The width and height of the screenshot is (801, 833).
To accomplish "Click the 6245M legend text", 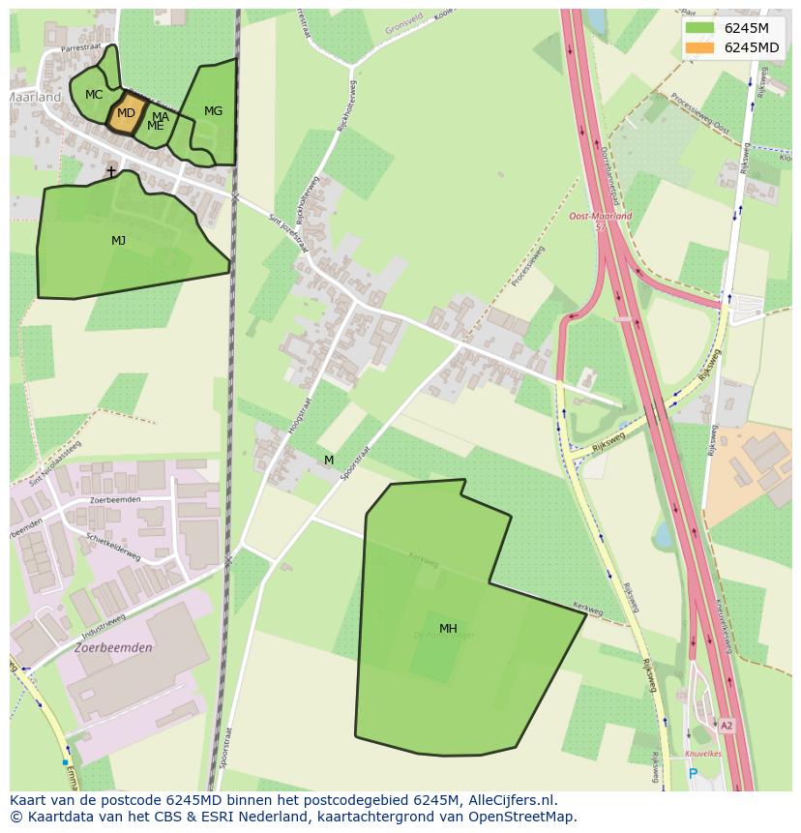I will pyautogui.click(x=747, y=28).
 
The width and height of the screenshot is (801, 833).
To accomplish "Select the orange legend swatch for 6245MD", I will pyautogui.click(x=699, y=47).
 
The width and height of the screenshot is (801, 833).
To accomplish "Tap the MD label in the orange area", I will pyautogui.click(x=126, y=113).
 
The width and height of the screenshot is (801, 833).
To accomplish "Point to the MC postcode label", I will pyautogui.click(x=94, y=95).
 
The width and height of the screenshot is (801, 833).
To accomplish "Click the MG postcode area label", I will pyautogui.click(x=213, y=111).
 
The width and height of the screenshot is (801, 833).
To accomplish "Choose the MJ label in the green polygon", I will pyautogui.click(x=118, y=240).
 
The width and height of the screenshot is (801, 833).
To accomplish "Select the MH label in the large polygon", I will pyautogui.click(x=448, y=629).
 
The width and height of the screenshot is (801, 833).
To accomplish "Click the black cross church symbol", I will pyautogui.click(x=111, y=172).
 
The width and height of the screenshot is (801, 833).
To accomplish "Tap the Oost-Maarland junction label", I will pyautogui.click(x=600, y=217).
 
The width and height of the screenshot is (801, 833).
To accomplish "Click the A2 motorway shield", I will pyautogui.click(x=726, y=725).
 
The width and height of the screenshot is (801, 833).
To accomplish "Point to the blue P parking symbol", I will pyautogui.click(x=693, y=773).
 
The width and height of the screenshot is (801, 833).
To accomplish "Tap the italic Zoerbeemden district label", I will pyautogui.click(x=113, y=648).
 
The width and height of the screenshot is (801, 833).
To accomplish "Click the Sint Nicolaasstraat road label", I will pyautogui.click(x=55, y=464).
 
